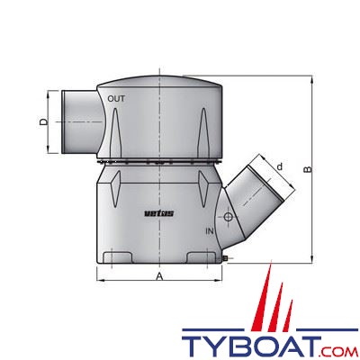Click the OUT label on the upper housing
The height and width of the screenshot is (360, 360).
pyautogui.click(x=116, y=98)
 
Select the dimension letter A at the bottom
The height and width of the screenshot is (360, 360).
pyautogui.click(x=158, y=278)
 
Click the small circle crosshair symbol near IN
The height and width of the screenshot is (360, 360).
pyautogui.click(x=229, y=219)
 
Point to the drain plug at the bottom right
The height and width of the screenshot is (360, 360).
pyautogui.click(x=228, y=260)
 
